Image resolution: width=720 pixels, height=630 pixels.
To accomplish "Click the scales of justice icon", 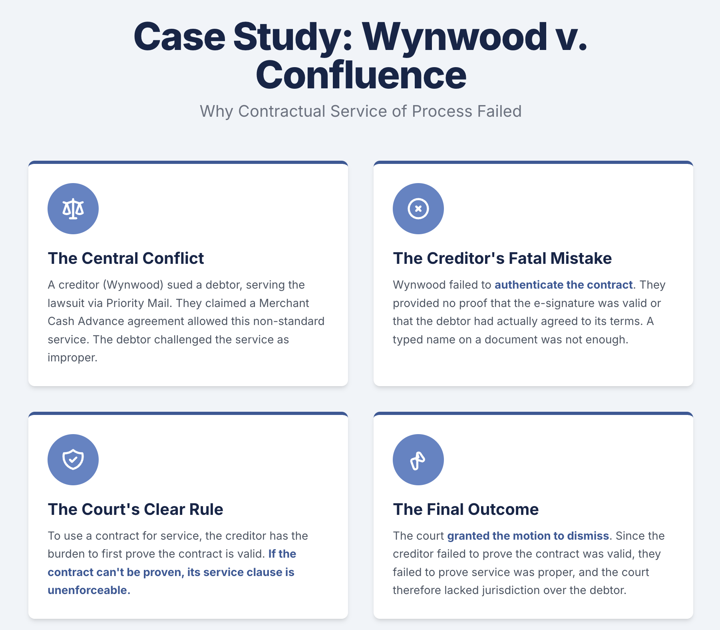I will (x=73, y=209).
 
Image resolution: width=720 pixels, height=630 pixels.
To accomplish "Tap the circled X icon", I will (x=418, y=209).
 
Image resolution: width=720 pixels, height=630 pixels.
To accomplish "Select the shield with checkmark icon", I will (x=73, y=460).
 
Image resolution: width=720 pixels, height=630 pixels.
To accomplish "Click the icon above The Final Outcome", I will (x=418, y=460).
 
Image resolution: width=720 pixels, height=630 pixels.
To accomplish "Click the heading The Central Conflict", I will (x=126, y=259).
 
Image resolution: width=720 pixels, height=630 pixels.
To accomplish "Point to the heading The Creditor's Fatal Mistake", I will (x=502, y=259).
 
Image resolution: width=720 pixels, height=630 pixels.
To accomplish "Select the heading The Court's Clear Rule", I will (x=135, y=510).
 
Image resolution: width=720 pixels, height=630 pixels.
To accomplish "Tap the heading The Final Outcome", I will (x=465, y=510).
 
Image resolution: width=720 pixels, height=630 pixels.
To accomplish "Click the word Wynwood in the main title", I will (x=455, y=37).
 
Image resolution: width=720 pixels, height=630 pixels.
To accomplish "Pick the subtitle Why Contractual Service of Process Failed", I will (x=360, y=112).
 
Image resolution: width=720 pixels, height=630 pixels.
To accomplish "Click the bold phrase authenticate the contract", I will (x=563, y=285).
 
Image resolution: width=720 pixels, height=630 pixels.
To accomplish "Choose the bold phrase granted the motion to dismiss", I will (x=528, y=536).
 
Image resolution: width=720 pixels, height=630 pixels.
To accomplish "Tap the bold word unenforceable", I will (x=88, y=590).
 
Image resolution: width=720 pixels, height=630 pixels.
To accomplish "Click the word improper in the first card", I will (x=72, y=358).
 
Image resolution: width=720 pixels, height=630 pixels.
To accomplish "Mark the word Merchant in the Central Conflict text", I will (x=284, y=303).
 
